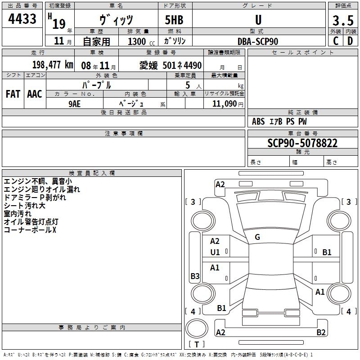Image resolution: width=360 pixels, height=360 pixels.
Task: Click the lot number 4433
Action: pos(22,18)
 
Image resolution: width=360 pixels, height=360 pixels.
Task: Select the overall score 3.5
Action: pos(343,20)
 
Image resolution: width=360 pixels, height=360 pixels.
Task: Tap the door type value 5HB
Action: pos(174,20)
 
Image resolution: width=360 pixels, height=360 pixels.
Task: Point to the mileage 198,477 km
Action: pos(53,65)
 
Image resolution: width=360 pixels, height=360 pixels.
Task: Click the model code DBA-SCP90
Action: pos(258,41)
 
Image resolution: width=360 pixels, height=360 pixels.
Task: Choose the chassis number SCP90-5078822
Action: pos(302,143)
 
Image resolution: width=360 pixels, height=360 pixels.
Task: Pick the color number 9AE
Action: pos(75,104)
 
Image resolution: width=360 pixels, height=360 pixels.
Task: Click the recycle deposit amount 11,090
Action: pos(224,104)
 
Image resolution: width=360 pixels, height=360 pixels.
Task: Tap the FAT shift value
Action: pos(13,94)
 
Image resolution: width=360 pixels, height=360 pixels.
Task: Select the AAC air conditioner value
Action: pos(35,94)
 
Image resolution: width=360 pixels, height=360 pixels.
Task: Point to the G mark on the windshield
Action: pos(257,237)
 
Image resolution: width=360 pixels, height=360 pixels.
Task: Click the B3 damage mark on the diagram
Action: pos(195,276)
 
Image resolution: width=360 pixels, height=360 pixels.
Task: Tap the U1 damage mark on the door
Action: pos(215,252)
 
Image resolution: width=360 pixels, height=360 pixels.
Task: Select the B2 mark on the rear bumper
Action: pos(321,332)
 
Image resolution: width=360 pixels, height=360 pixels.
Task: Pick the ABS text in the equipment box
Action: pos(258,121)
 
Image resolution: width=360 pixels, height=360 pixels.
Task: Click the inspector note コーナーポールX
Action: pos(30,230)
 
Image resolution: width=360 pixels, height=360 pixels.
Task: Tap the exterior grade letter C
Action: pos(336,41)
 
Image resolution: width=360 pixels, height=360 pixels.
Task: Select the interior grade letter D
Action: pos(350,41)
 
